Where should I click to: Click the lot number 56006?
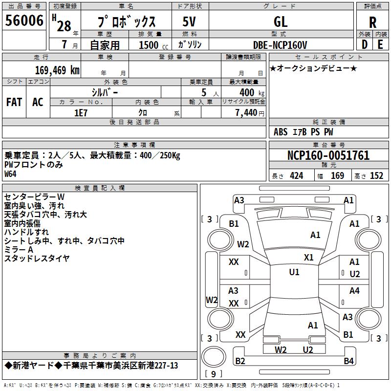point(24,22)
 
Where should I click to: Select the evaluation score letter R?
point(372,22)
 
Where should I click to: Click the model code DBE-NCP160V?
point(281,45)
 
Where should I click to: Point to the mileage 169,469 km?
point(57,70)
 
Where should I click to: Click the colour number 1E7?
point(81,112)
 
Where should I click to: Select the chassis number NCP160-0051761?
point(328,155)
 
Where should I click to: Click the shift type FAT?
point(14,102)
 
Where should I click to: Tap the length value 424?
point(297,176)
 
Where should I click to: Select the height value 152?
point(376,176)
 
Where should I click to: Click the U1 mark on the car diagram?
point(294,272)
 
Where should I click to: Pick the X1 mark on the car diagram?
point(308,258)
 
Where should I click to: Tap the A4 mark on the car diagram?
point(354,291)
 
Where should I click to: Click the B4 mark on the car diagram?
point(348,361)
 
